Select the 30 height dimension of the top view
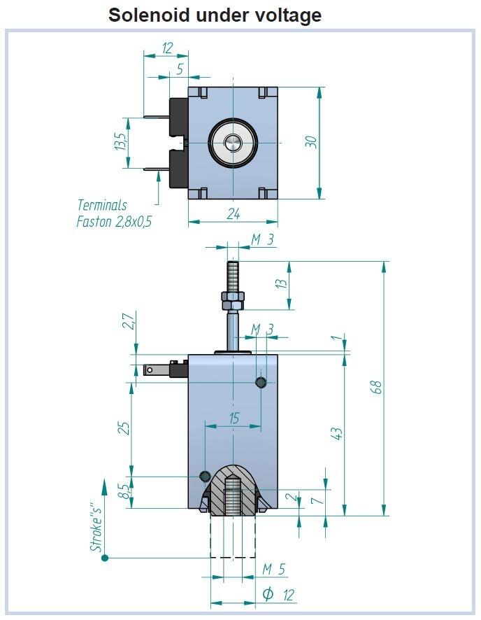pyautogui.click(x=313, y=141)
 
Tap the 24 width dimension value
pyautogui.click(x=233, y=214)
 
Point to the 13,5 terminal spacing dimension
pyautogui.click(x=120, y=142)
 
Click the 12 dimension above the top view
pyautogui.click(x=166, y=48)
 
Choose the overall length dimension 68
pyautogui.click(x=375, y=388)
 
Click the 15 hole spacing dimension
pyautogui.click(x=234, y=418)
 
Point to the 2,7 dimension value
pyautogui.click(x=127, y=322)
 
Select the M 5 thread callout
pyautogui.click(x=274, y=570)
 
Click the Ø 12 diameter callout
pyautogui.click(x=278, y=596)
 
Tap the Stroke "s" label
pyautogui.click(x=97, y=522)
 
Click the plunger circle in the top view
pyautogui.click(x=233, y=143)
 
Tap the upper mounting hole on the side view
pyautogui.click(x=261, y=382)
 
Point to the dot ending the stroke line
pyautogui.click(x=105, y=558)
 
